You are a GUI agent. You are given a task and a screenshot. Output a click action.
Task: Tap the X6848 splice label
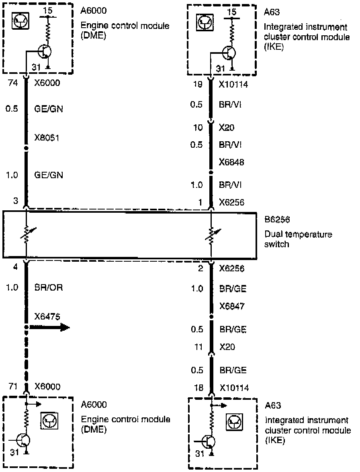232,163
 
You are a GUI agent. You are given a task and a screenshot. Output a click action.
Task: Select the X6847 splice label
232,307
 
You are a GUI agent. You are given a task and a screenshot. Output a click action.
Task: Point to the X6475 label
47,317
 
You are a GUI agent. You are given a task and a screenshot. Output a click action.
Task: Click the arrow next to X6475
50,327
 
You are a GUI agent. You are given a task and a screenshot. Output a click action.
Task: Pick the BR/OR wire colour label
48,288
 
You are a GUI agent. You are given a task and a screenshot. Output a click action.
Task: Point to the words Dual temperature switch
298,239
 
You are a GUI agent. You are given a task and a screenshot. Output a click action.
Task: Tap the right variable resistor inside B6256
211,236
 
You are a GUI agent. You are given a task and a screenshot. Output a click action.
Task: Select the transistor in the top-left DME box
45,51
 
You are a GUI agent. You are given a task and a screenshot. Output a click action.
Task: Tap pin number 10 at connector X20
198,128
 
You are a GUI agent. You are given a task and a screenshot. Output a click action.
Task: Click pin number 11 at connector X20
198,347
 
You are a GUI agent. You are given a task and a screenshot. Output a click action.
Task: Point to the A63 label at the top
270,12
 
